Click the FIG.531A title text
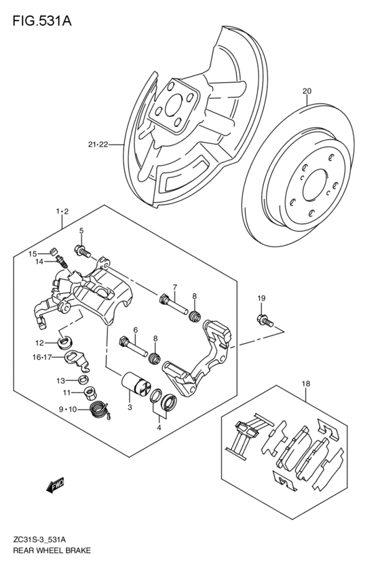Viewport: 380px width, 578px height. [x=42, y=21]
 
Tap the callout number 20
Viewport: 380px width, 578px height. [x=307, y=91]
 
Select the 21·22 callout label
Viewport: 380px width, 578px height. [x=98, y=145]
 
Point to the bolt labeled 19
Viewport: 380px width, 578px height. [x=265, y=321]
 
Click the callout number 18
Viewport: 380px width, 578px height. [x=306, y=384]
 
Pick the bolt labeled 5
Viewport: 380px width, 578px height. [x=83, y=252]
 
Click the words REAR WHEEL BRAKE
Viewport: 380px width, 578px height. [x=52, y=551]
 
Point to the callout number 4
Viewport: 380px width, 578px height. [x=159, y=428]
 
